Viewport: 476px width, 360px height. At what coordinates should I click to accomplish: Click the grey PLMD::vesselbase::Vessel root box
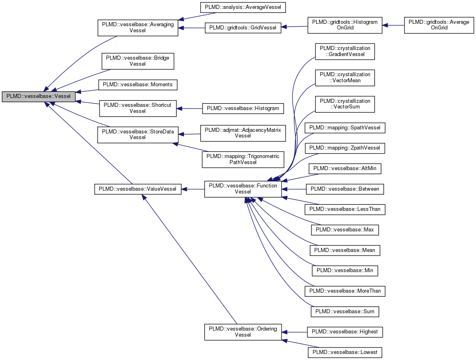[38, 96]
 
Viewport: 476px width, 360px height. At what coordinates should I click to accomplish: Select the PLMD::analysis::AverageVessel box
[243, 7]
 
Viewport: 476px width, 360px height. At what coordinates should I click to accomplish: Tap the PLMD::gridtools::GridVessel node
[243, 28]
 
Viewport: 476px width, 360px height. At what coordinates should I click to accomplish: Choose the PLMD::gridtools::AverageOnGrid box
[439, 25]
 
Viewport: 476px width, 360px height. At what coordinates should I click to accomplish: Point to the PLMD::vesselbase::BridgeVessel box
[138, 61]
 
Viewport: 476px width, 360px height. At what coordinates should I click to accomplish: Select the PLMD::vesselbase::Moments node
[138, 85]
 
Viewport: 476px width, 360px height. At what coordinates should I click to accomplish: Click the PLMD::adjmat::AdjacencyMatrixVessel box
[243, 133]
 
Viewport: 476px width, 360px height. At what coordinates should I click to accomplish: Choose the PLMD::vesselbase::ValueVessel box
[138, 189]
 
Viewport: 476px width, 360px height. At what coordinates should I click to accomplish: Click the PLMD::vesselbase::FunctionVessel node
[243, 189]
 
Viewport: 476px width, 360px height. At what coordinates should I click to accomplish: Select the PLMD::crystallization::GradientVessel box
[345, 51]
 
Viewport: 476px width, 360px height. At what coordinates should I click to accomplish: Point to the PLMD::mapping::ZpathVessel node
[345, 148]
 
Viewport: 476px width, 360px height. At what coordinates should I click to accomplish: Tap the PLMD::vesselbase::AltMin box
[345, 168]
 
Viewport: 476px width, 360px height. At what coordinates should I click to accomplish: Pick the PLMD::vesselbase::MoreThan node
[345, 291]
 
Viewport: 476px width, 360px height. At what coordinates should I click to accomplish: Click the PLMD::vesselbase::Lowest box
[345, 352]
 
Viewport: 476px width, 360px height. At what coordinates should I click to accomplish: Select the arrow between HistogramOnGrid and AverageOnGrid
[393, 25]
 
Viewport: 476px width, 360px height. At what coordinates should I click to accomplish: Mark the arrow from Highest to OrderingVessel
[294, 332]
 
